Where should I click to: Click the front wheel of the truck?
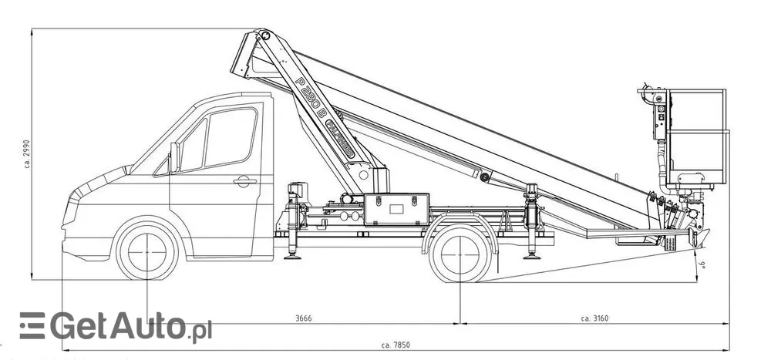146,251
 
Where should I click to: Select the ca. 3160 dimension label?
595,318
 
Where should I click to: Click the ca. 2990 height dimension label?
25,155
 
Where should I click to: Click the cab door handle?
244,182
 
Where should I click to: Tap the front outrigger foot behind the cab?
293,254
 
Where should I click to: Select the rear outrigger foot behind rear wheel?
530,254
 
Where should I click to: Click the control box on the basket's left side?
659,116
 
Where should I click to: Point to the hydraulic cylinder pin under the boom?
484,177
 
